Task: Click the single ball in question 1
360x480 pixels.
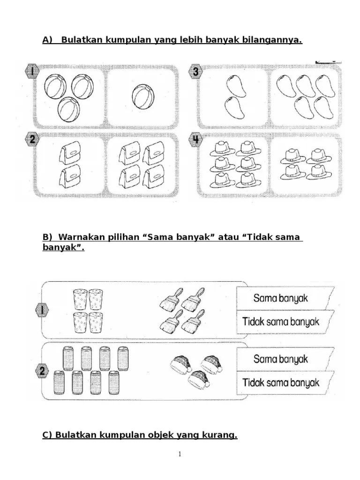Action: tap(142, 97)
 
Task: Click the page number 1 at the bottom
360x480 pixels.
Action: tap(180, 454)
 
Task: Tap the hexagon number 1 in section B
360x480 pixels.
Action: tap(41, 310)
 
